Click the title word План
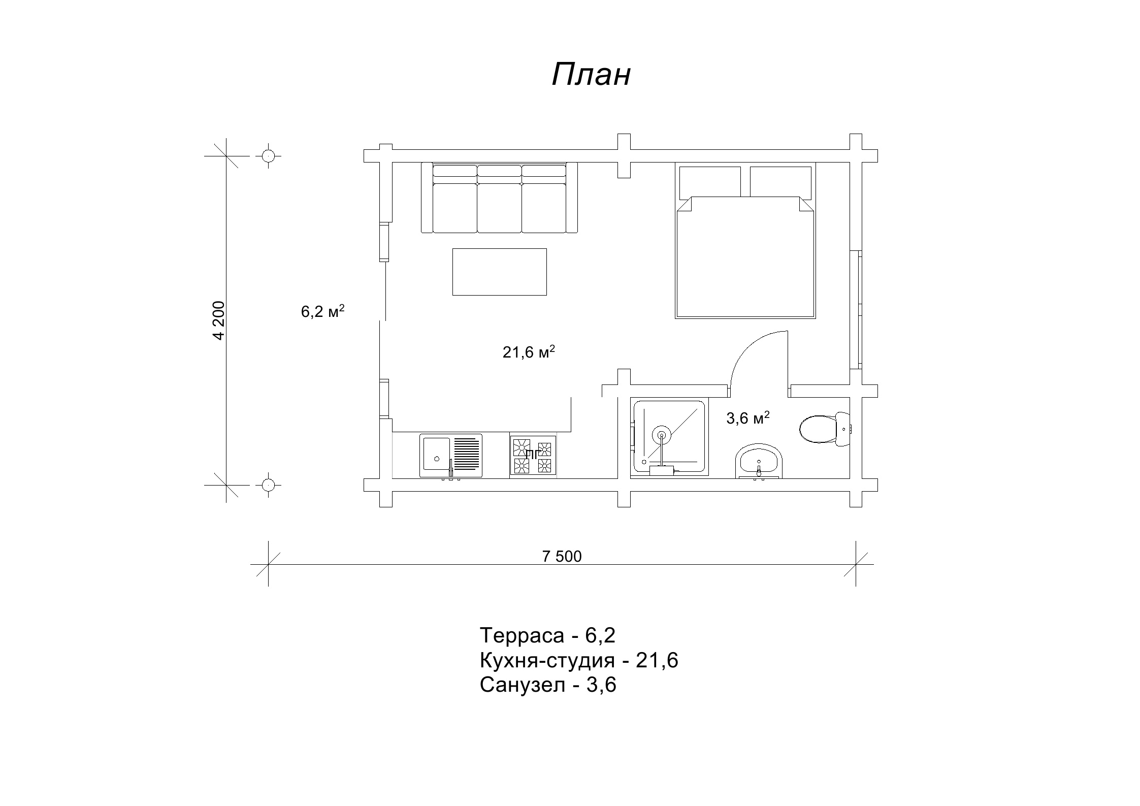(591, 75)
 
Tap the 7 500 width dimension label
(562, 557)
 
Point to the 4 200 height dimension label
(219, 320)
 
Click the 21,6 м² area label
(529, 351)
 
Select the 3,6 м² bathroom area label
(748, 418)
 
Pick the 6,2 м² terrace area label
(323, 311)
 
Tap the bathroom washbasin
(759, 461)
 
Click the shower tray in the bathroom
(669, 438)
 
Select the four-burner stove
(533, 456)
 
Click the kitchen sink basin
(437, 455)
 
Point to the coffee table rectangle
(500, 272)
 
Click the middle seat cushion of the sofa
(500, 208)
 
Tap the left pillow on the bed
(710, 182)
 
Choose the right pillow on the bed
(780, 182)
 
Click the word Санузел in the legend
(523, 685)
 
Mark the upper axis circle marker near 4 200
(268, 155)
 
